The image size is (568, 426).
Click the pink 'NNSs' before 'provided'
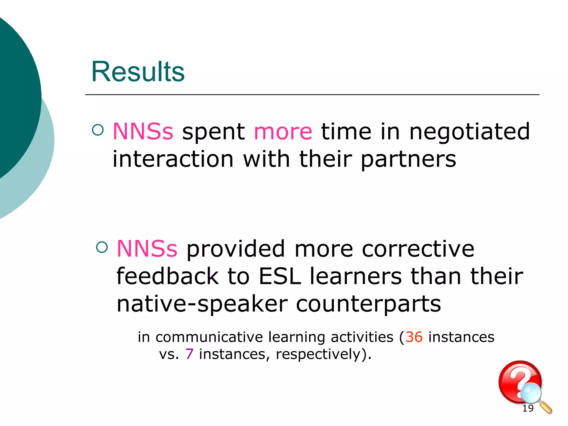pyautogui.click(x=147, y=249)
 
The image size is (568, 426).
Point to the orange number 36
pyautogui.click(x=414, y=337)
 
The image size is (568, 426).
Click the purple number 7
pyautogui.click(x=189, y=354)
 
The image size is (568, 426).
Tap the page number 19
pyautogui.click(x=528, y=408)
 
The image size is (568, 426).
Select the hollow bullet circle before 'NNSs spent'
pyautogui.click(x=98, y=130)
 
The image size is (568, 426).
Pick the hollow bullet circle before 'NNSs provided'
pyautogui.click(x=102, y=247)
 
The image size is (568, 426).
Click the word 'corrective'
pyautogui.click(x=418, y=249)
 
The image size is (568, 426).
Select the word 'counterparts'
pyautogui.click(x=368, y=304)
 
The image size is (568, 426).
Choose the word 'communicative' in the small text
pyautogui.click(x=209, y=337)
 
